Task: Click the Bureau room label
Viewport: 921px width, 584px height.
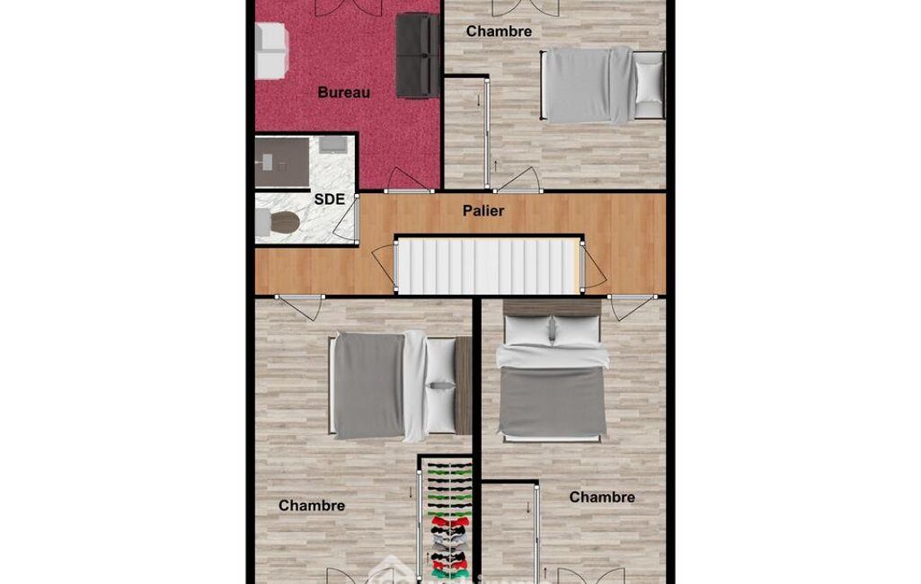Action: coord(343,93)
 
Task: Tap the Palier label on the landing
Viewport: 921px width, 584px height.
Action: coord(483,210)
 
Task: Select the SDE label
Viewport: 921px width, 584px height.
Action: coord(329,199)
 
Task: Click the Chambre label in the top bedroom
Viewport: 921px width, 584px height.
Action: coord(499,31)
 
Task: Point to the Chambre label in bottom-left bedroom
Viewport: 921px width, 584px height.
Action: coord(311,505)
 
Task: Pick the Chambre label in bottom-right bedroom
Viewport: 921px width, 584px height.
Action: coord(602,497)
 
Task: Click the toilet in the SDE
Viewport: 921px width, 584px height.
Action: coord(278,223)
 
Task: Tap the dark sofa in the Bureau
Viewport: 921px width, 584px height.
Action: coord(418,55)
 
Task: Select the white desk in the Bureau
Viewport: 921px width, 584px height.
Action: coord(271,50)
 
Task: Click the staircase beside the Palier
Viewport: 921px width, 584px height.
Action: coord(489,266)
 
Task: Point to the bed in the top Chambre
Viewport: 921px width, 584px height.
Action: coord(602,85)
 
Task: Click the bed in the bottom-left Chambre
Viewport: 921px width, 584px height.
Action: coord(400,386)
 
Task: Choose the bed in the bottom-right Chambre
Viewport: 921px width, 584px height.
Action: coord(552,370)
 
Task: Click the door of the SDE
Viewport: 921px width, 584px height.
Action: coord(346,218)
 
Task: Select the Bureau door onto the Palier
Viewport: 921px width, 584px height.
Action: coord(409,180)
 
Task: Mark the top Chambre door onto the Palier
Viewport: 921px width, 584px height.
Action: coord(518,181)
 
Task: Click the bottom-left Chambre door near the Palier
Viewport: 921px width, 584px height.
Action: coord(300,307)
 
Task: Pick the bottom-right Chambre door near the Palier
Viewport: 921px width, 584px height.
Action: coord(632,307)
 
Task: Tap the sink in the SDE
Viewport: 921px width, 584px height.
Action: coord(332,145)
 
